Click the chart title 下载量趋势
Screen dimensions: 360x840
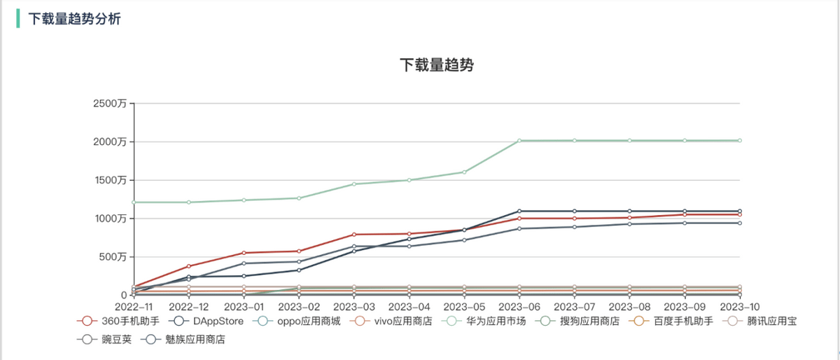click(x=437, y=65)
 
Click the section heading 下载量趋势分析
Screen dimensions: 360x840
click(x=74, y=19)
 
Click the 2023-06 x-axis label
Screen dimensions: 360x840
click(x=519, y=307)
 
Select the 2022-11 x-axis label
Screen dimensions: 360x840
click(x=133, y=307)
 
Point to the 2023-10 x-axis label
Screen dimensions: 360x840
click(x=740, y=307)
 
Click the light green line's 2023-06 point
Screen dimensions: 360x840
click(x=519, y=141)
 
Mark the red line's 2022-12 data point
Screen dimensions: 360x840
click(x=188, y=266)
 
